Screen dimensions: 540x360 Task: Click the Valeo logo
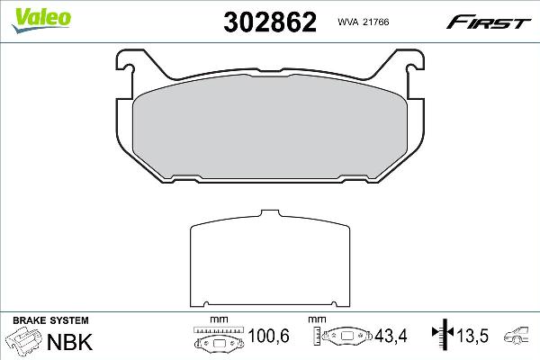(41, 20)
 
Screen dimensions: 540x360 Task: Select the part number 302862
(270, 22)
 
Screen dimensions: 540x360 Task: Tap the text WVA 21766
(364, 22)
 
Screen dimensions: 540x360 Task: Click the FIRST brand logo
(489, 22)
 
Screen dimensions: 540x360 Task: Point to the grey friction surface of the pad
(270, 128)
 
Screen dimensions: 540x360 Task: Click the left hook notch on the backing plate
(128, 68)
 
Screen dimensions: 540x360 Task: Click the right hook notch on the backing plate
(412, 68)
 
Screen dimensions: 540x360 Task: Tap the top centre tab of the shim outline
(270, 213)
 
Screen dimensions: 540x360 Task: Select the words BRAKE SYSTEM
(50, 320)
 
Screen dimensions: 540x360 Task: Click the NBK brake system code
(69, 342)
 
